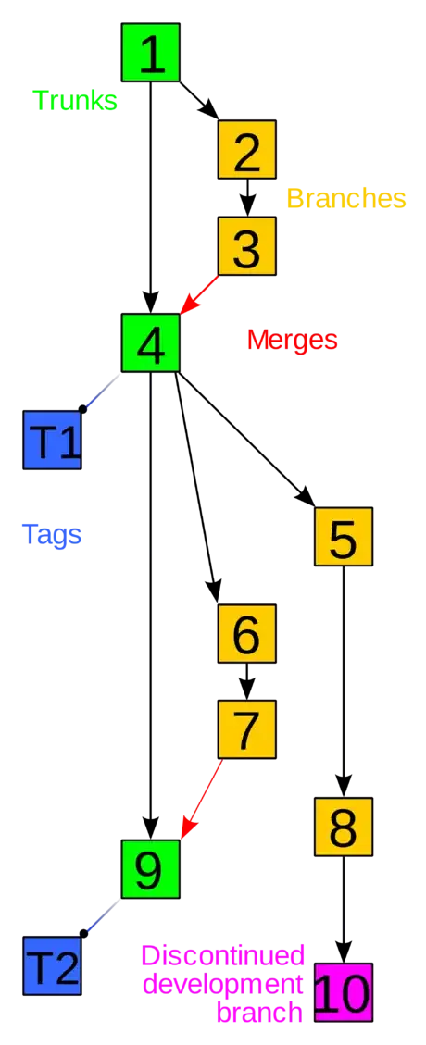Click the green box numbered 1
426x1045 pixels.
click(x=150, y=53)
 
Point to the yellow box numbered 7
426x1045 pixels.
click(x=246, y=729)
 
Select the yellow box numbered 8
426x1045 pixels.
click(x=343, y=826)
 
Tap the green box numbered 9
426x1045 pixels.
click(x=150, y=868)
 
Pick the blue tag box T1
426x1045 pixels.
click(x=52, y=440)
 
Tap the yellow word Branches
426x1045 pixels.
click(x=345, y=198)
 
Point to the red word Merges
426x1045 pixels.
click(x=292, y=340)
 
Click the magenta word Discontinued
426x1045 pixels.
click(x=224, y=954)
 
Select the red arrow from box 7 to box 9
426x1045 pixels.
click(x=202, y=800)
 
